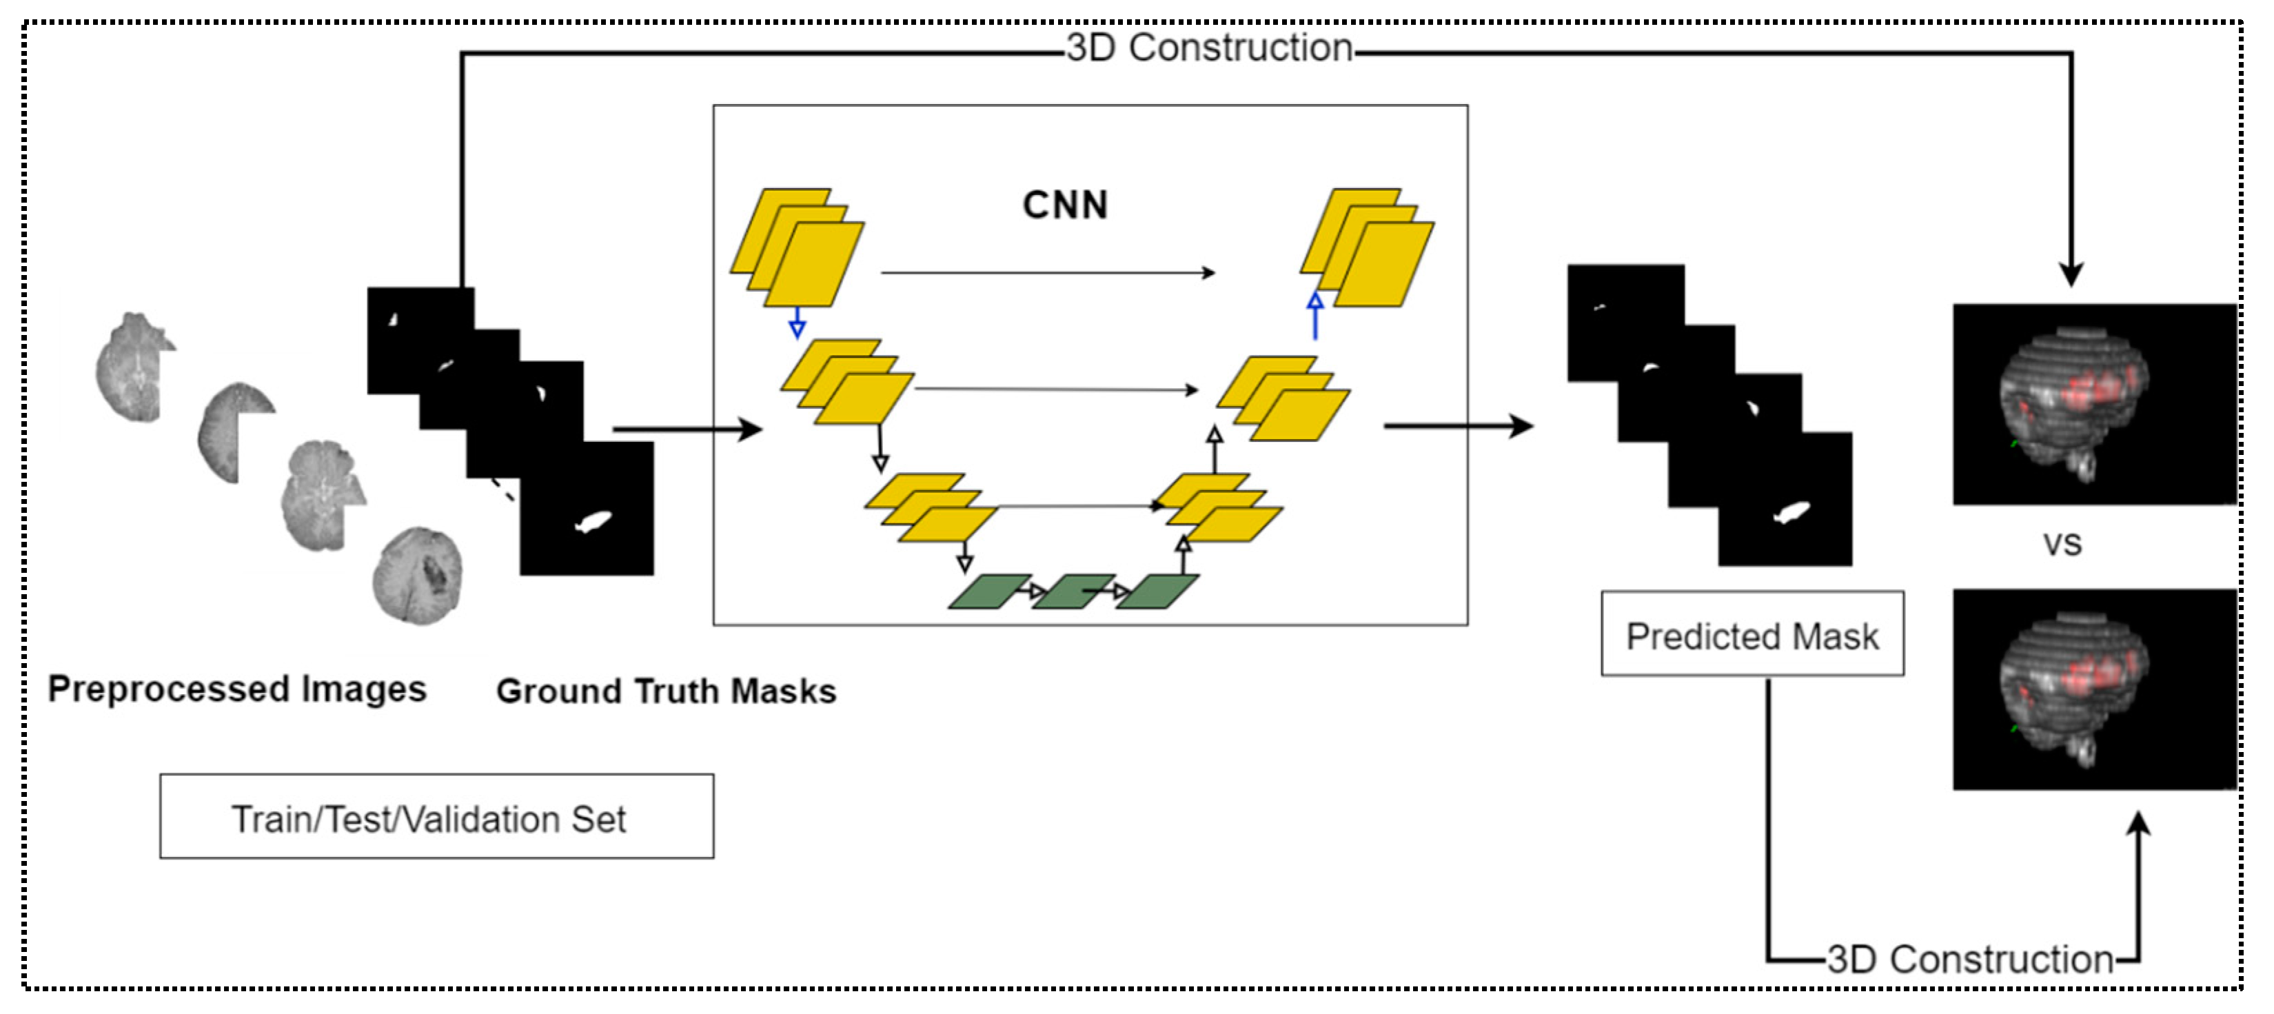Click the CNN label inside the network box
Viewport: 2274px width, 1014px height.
1064,205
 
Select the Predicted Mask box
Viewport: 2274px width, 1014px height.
1752,633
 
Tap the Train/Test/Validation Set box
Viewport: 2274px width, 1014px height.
436,816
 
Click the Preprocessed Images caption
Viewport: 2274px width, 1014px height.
236,689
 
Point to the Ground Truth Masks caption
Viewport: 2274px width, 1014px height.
666,691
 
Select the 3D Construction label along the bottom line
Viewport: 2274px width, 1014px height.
1970,960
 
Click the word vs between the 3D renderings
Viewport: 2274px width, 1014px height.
2062,545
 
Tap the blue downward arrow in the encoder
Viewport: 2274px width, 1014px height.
797,322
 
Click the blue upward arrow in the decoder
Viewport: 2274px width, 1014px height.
1315,316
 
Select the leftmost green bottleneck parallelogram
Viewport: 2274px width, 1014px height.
988,591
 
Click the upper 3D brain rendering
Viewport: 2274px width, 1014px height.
2094,404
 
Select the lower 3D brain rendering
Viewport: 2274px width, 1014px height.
2094,689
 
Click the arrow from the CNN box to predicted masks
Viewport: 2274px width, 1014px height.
1459,426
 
